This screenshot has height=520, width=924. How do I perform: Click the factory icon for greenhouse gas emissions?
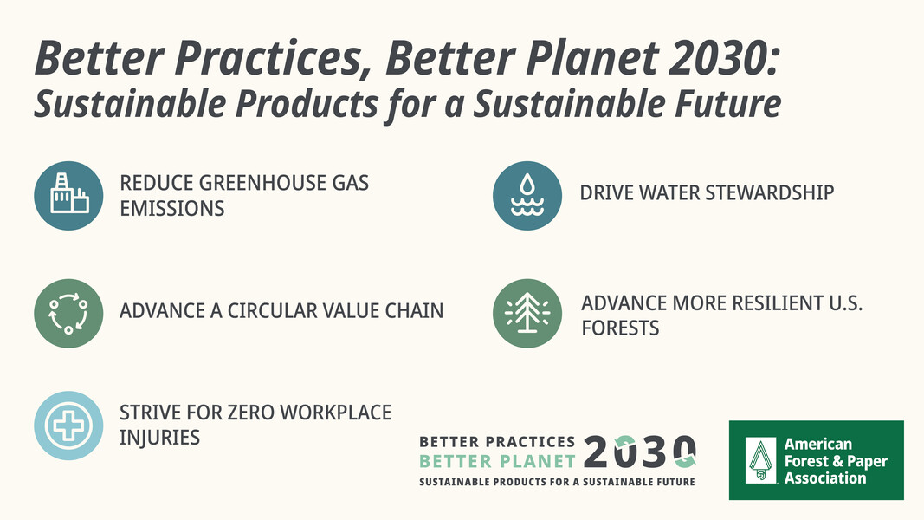(68, 196)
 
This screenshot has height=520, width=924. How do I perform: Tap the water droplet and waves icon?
(527, 196)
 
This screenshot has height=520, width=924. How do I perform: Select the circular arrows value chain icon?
(68, 313)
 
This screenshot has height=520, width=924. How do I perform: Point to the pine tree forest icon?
(527, 313)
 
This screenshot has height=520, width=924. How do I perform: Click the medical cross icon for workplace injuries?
(68, 425)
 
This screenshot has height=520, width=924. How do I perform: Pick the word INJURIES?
(159, 438)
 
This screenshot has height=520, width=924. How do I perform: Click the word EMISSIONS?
(172, 209)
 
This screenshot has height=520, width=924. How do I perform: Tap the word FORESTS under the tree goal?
(621, 328)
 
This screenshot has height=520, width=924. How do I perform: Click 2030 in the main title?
(724, 59)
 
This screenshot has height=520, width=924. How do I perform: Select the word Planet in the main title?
(591, 59)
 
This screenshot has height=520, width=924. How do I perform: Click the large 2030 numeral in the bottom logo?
(640, 452)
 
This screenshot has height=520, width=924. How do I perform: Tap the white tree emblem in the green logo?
(761, 460)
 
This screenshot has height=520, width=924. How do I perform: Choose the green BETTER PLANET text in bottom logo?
(497, 461)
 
